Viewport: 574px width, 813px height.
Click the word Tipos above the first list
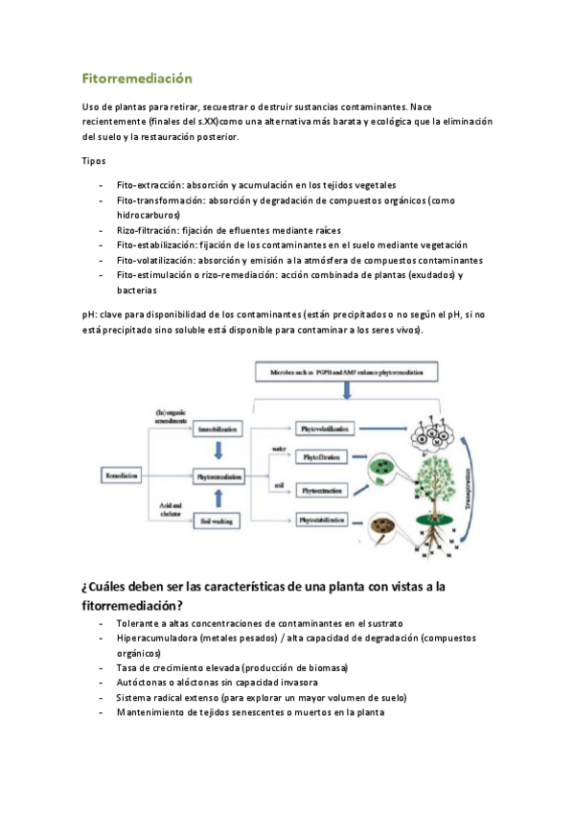pyautogui.click(x=94, y=160)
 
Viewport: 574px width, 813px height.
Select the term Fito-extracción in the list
pyautogui.click(x=149, y=184)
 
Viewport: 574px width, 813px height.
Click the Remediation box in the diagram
pyautogui.click(x=124, y=475)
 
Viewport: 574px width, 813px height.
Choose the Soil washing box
pyautogui.click(x=219, y=520)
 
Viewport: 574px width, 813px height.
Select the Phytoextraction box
pyautogui.click(x=327, y=490)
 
